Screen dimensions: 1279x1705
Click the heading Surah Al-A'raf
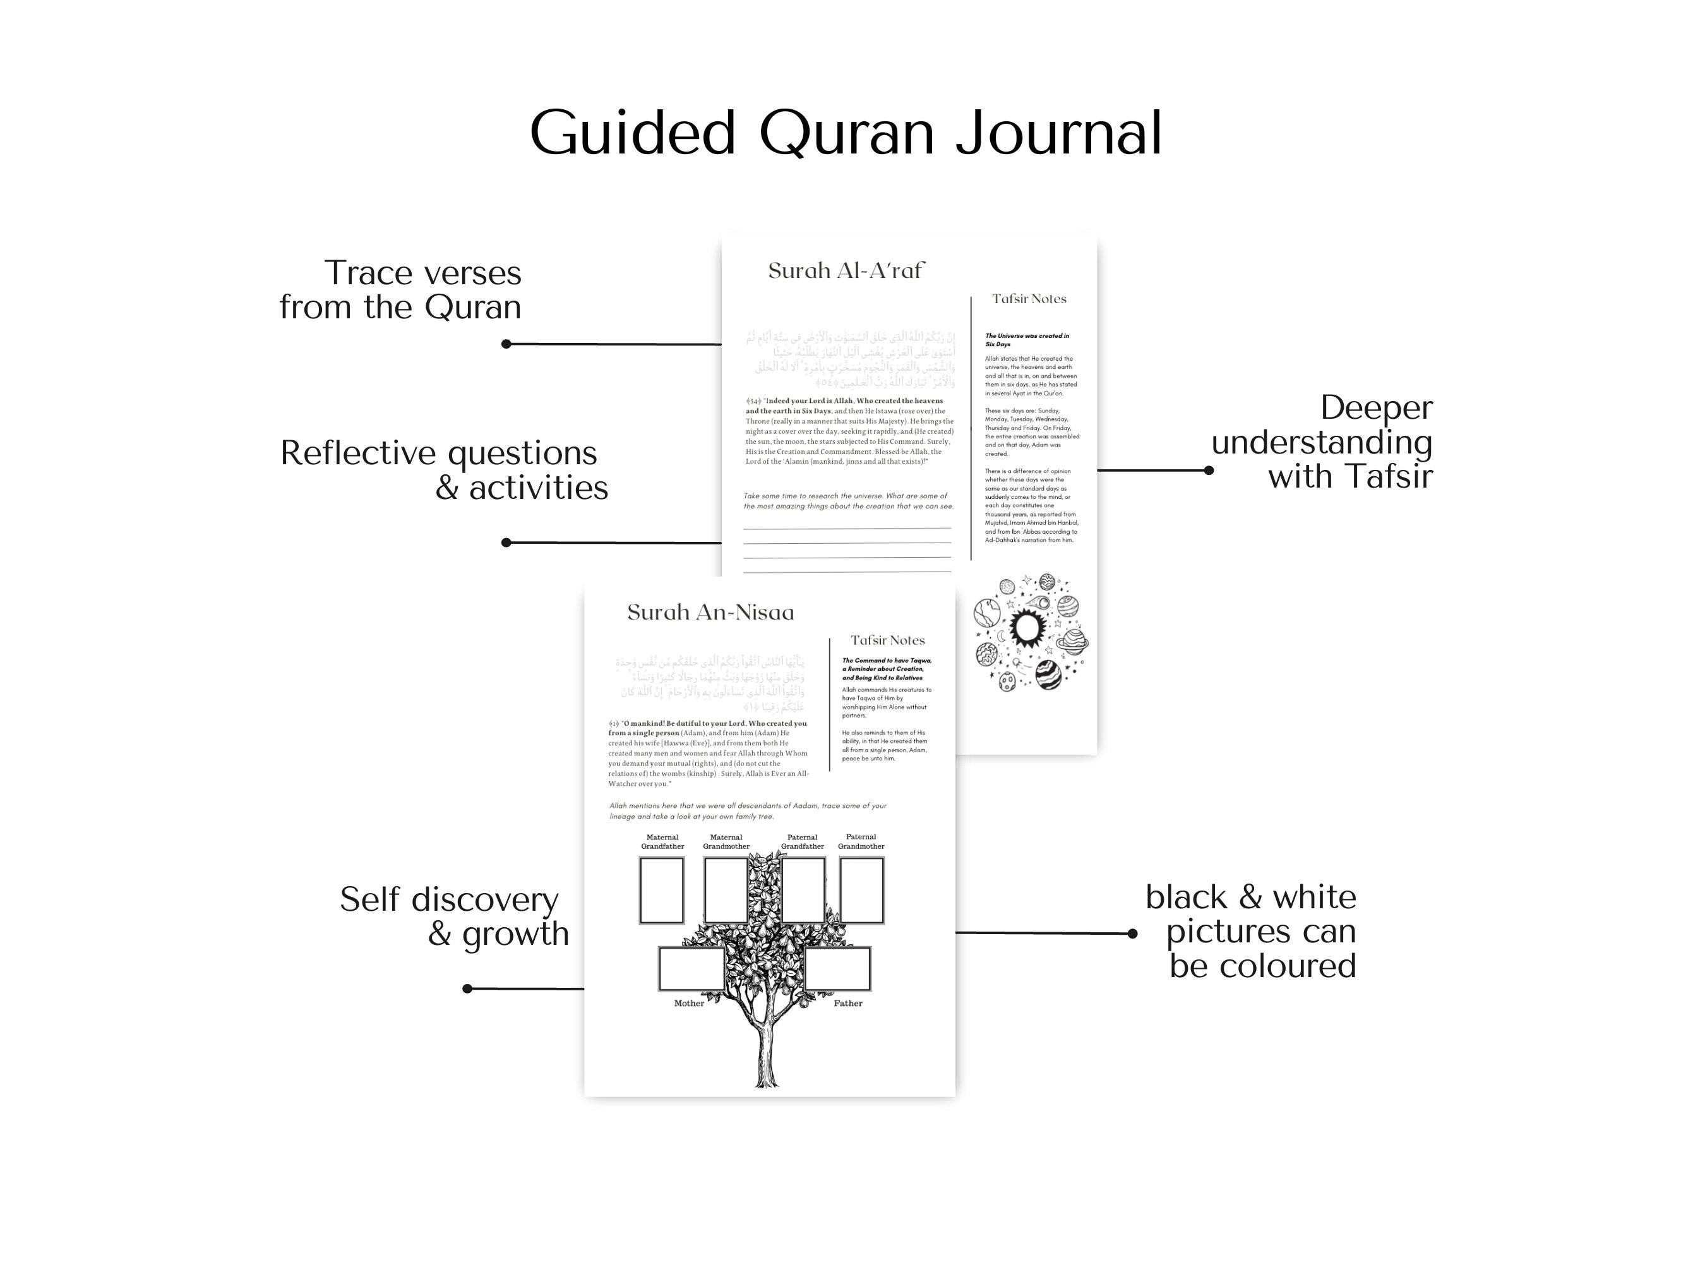point(846,270)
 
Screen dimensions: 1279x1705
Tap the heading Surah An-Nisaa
point(710,612)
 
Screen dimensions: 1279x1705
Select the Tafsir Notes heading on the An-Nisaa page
point(887,640)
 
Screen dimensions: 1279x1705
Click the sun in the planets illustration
point(1026,628)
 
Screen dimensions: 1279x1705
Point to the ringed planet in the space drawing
point(1072,639)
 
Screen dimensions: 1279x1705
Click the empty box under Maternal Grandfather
point(661,890)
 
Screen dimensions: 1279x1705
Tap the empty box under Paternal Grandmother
point(861,890)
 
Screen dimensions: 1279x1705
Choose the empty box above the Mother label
point(691,969)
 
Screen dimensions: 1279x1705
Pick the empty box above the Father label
point(838,969)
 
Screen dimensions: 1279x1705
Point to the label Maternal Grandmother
point(726,842)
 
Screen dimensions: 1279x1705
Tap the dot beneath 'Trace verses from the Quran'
point(506,344)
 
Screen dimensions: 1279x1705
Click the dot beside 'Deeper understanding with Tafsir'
point(1209,471)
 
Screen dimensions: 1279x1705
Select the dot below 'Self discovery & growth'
point(467,988)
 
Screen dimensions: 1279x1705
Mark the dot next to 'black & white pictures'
point(1132,934)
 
